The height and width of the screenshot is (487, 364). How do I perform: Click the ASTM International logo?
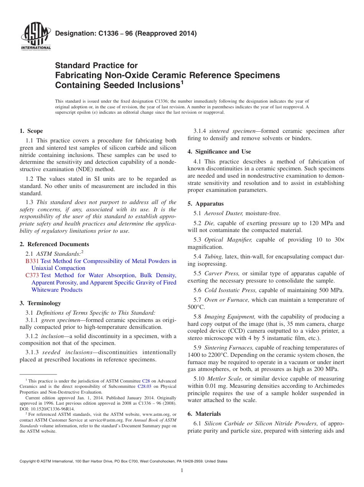36,37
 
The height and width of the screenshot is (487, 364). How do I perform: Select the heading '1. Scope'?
31,131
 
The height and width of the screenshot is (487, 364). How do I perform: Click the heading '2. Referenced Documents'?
54,244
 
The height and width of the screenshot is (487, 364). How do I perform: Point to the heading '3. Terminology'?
40,303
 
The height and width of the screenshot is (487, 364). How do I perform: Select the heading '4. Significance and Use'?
219,152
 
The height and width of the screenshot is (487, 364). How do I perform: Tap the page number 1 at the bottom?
182,471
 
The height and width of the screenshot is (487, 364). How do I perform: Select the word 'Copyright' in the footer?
28,461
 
